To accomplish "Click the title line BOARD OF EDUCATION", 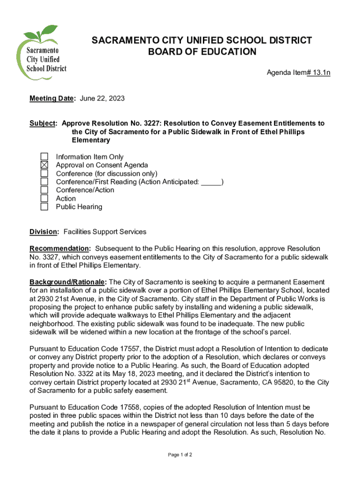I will click(202, 52).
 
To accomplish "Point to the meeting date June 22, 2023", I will click(102, 99).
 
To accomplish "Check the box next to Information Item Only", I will click(44, 157).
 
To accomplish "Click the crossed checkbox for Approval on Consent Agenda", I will click(44, 165).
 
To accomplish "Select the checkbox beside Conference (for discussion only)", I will click(44, 174).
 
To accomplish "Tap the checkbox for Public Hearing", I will click(44, 207).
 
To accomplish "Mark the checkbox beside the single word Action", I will click(44, 198).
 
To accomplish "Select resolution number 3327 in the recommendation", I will click(49, 257).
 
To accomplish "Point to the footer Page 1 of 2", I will click(180, 455).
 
